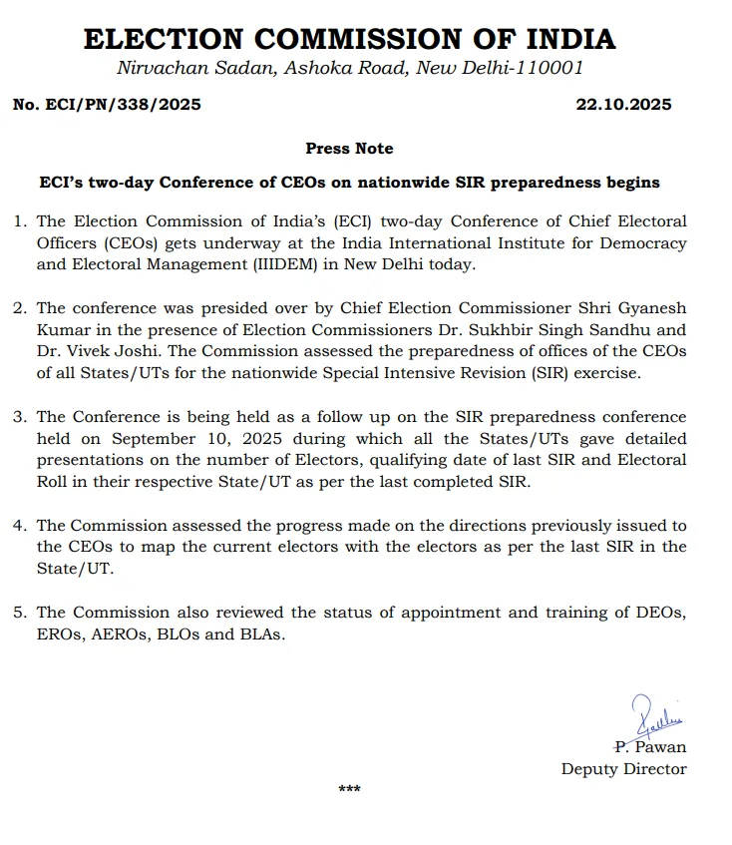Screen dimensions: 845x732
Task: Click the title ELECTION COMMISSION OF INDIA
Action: [349, 39]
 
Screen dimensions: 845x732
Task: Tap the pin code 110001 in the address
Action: [548, 68]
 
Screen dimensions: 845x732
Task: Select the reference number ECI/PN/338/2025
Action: [124, 105]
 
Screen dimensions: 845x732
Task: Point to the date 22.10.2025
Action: [623, 105]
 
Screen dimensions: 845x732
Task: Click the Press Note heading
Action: [349, 149]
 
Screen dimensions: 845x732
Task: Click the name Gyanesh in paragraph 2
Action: [650, 308]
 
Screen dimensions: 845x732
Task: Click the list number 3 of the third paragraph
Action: [21, 417]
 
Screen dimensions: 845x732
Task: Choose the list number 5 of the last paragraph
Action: [21, 612]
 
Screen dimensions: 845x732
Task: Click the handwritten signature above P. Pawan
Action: [655, 715]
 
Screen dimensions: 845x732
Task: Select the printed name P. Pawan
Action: [650, 746]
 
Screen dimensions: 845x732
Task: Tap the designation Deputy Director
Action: [623, 768]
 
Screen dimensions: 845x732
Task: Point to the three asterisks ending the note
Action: [349, 790]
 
